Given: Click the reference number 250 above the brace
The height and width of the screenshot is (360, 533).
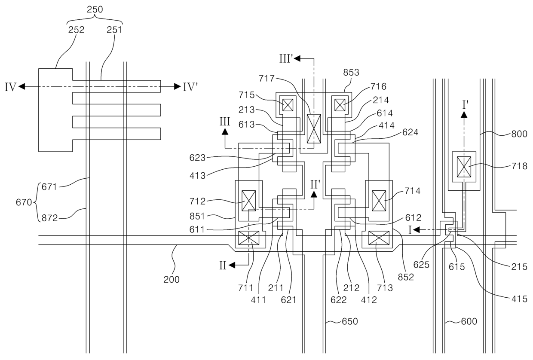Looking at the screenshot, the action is pyautogui.click(x=95, y=9).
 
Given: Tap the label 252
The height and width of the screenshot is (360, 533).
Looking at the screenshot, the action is pyautogui.click(x=76, y=30).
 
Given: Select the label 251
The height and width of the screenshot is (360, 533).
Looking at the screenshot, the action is pyautogui.click(x=114, y=30).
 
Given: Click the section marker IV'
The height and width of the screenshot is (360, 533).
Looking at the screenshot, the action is pyautogui.click(x=190, y=87).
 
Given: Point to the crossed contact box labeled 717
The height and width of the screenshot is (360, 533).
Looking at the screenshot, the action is pyautogui.click(x=314, y=128).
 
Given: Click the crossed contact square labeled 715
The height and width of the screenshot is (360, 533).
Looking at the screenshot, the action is pyautogui.click(x=288, y=105).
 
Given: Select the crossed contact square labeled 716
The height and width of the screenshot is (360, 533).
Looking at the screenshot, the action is pyautogui.click(x=340, y=105).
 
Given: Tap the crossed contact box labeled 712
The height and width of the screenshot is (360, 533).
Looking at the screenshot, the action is pyautogui.click(x=248, y=201).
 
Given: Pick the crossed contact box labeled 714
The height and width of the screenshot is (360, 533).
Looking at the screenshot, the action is pyautogui.click(x=379, y=201).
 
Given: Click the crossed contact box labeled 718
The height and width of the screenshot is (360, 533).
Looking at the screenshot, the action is pyautogui.click(x=464, y=167).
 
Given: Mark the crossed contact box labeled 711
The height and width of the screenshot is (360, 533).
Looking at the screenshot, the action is pyautogui.click(x=248, y=238).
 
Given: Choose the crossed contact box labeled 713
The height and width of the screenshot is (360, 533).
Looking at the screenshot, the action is pyautogui.click(x=379, y=238).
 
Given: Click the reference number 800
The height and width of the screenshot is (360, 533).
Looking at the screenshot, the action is pyautogui.click(x=519, y=134).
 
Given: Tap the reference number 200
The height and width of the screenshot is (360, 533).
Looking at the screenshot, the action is pyautogui.click(x=172, y=279).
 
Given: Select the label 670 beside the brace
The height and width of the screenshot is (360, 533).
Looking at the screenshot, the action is pyautogui.click(x=24, y=202).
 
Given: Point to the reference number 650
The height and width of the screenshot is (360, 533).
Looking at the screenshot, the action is pyautogui.click(x=350, y=321).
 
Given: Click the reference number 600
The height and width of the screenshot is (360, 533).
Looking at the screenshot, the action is pyautogui.click(x=469, y=321).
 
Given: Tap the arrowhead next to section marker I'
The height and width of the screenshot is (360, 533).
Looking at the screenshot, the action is pyautogui.click(x=464, y=114).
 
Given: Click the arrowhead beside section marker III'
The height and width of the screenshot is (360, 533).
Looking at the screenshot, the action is pyautogui.click(x=297, y=58).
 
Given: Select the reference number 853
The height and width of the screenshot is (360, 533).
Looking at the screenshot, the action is pyautogui.click(x=351, y=72).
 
